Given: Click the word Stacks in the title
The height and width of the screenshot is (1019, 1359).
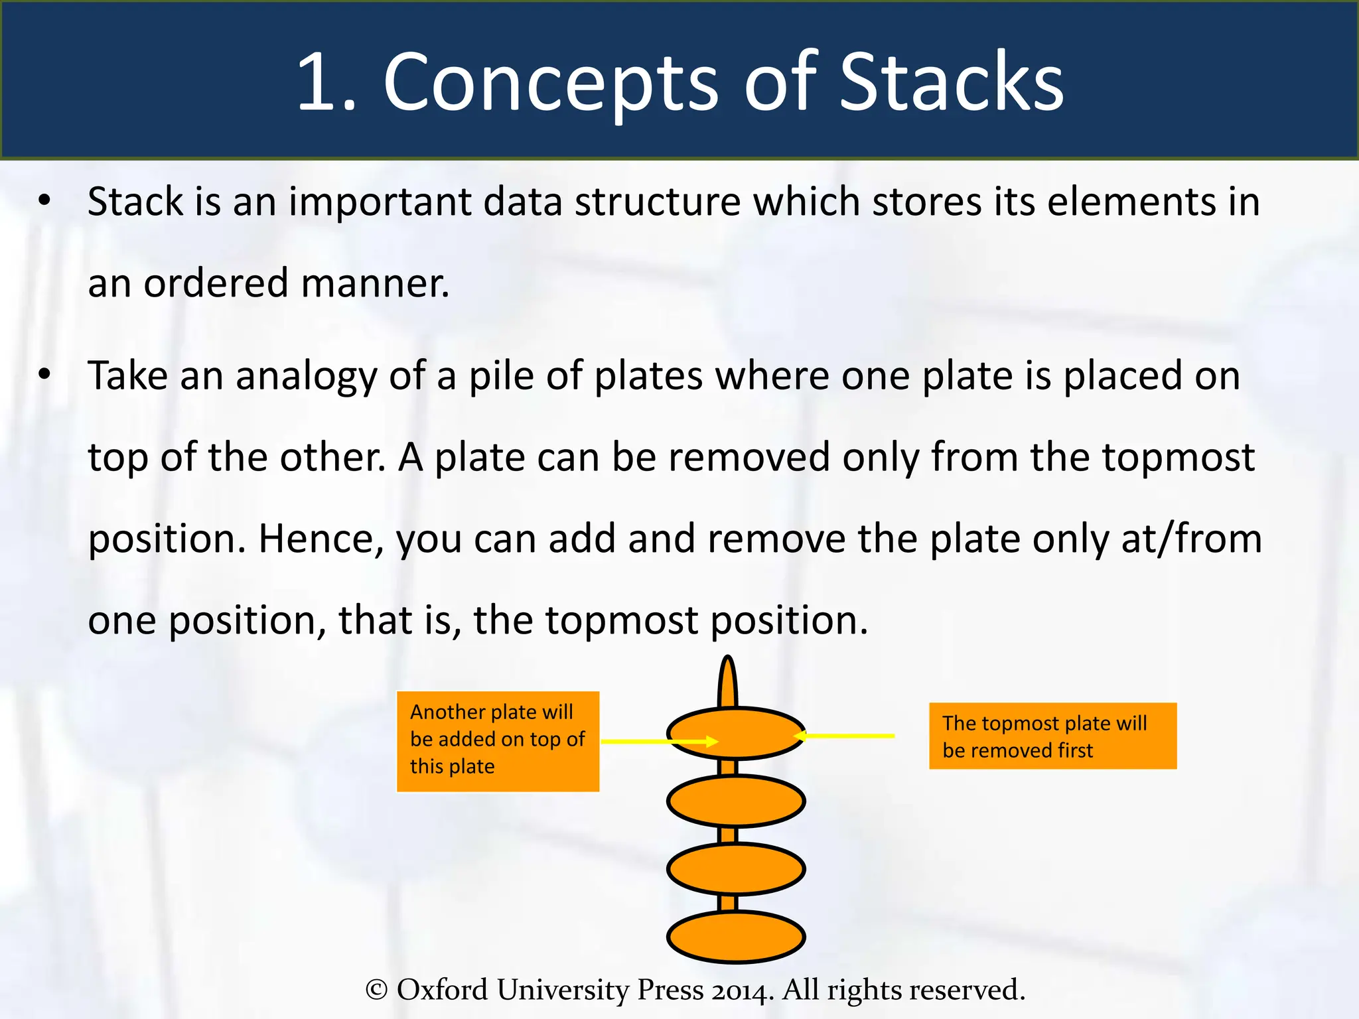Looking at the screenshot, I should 951,82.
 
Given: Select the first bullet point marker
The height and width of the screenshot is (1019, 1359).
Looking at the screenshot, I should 44,200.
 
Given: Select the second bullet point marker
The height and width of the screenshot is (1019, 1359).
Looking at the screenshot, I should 44,375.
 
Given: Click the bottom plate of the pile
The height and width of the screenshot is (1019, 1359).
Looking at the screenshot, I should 735,937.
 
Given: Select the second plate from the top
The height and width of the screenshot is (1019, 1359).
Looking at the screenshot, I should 735,801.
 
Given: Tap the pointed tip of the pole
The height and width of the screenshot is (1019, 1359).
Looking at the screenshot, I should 728,667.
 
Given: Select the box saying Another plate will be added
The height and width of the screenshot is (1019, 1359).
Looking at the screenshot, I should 498,741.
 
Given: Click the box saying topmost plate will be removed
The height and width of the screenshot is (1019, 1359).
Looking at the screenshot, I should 1052,736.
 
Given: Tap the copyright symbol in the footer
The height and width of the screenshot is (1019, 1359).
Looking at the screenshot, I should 376,990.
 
